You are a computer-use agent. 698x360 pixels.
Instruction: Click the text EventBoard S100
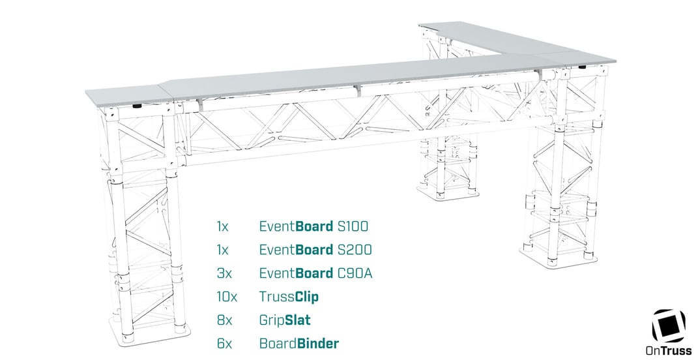point(313,227)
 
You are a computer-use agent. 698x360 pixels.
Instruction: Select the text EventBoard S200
point(315,250)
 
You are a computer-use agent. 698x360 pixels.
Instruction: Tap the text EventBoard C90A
point(315,273)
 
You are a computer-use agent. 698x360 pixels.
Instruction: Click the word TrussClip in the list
point(289,297)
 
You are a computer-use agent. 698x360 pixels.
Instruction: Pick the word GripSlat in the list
point(285,320)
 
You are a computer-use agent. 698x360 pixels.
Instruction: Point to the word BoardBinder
point(298,343)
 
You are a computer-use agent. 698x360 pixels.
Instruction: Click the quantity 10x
point(227,297)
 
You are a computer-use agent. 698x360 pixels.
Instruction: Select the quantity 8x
point(224,320)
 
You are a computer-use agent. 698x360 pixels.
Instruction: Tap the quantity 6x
point(224,343)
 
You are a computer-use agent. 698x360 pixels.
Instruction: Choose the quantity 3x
point(224,273)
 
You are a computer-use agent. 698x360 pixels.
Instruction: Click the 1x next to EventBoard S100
point(223,227)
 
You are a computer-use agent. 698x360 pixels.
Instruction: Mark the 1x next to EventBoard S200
point(223,250)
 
